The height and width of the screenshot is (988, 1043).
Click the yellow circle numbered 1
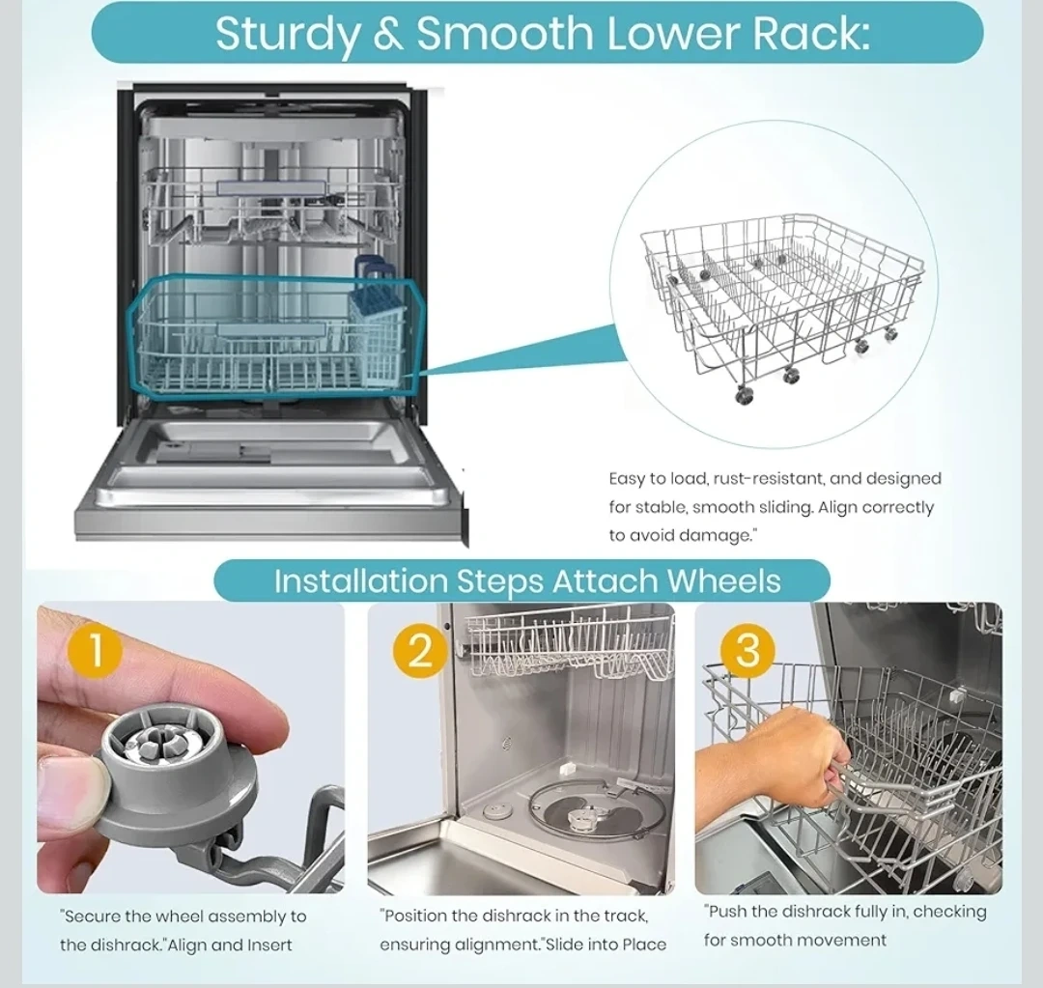pos(95,650)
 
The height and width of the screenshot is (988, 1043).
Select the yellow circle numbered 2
pos(420,650)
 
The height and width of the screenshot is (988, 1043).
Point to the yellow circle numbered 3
pos(747,648)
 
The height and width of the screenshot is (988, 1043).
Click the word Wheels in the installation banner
pos(723,580)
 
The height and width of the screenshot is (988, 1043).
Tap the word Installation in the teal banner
pos(361,580)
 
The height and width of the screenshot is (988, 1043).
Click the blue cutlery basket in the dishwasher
pos(375,324)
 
